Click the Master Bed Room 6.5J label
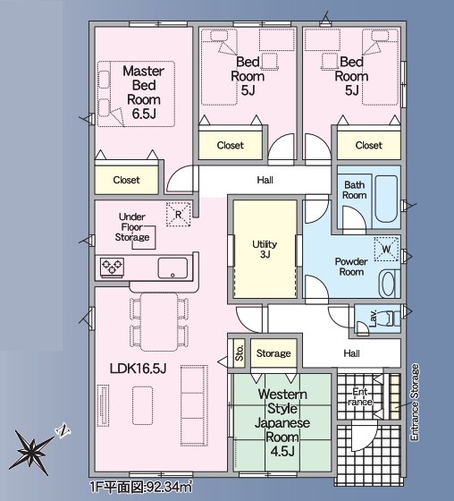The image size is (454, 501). tap(144, 92)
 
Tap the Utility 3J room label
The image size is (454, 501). tap(265, 250)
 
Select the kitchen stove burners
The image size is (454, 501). tap(112, 267)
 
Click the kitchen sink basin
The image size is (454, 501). tap(172, 267)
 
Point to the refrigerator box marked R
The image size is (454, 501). tap(178, 215)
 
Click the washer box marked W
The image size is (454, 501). tap(387, 249)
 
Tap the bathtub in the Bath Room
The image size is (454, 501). tap(386, 198)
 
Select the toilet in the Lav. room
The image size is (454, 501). tap(391, 318)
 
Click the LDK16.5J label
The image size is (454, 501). tap(138, 369)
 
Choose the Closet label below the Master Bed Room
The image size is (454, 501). tap(126, 180)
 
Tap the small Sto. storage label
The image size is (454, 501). tap(240, 352)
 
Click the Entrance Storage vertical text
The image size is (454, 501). tap(414, 403)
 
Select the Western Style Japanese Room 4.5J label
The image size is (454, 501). tap(282, 422)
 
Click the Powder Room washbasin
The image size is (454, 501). tap(389, 283)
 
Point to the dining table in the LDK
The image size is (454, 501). tap(159, 322)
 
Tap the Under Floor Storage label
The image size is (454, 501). tap(132, 227)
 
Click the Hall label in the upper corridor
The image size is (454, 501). tap(265, 180)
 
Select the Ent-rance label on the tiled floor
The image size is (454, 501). tap(360, 396)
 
